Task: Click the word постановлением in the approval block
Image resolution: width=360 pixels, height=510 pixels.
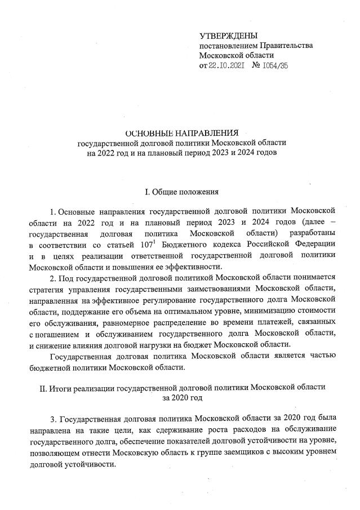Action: click(x=226, y=46)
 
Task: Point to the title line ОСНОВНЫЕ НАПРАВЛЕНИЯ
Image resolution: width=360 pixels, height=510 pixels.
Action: click(x=181, y=133)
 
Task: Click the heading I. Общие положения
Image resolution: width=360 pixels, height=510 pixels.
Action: click(x=181, y=193)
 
